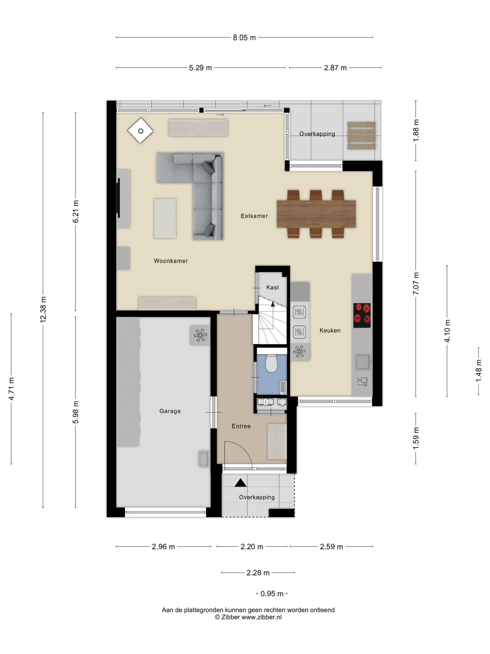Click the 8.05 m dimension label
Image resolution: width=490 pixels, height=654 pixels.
(244, 38)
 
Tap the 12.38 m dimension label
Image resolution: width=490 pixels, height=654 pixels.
(43, 309)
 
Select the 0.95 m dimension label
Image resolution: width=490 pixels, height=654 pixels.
(272, 594)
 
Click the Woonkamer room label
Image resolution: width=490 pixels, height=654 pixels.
(171, 261)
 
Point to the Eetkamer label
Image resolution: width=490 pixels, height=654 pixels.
(254, 216)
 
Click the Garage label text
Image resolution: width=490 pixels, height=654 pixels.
(170, 411)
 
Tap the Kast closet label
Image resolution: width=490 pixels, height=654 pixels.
(272, 287)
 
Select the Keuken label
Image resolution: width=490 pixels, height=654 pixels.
(330, 331)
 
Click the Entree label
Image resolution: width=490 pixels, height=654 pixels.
(241, 426)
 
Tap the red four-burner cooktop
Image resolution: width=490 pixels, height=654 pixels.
(362, 315)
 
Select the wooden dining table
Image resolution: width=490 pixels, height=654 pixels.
(316, 214)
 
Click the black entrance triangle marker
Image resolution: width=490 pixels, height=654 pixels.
(240, 483)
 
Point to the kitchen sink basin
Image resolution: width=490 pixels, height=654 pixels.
(363, 362)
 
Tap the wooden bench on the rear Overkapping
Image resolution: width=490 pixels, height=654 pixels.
(362, 136)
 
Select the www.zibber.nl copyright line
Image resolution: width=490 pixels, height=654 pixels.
(248, 617)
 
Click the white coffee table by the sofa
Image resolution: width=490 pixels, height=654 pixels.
(165, 218)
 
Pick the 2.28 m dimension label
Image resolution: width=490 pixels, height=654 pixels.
(258, 573)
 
